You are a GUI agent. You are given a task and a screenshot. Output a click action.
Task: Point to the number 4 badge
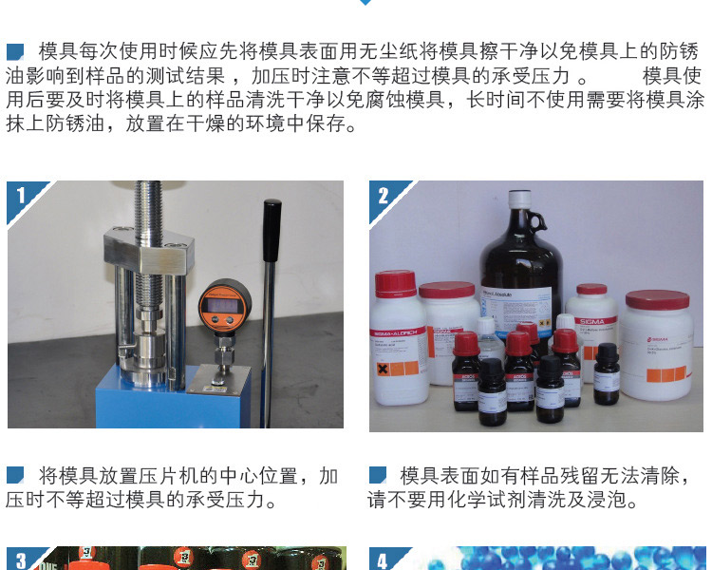pyautogui.click(x=383, y=560)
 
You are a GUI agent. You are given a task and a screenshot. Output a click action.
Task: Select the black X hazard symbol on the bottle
pyautogui.click(x=384, y=368)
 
